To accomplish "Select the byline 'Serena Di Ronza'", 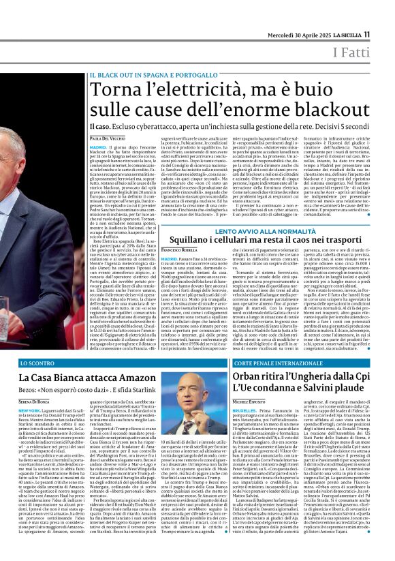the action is [35, 403].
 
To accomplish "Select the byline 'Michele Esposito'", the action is [253, 403].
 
